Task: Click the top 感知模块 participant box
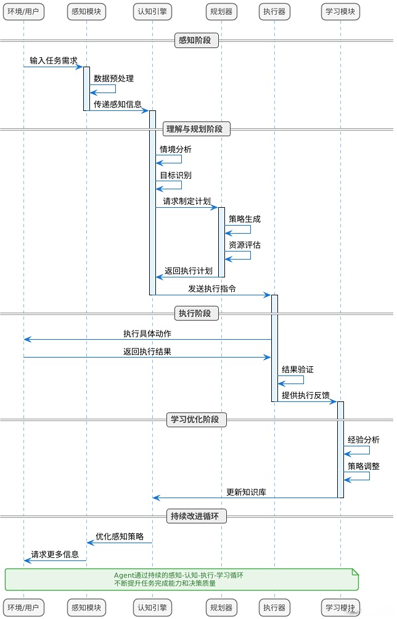coord(86,12)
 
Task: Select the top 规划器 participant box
coord(221,12)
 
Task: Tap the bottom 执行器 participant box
coord(274,607)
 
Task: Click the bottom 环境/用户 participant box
coord(23,607)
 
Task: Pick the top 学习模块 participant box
coord(340,12)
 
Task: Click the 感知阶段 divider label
coord(197,41)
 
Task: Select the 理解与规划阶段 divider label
coord(197,129)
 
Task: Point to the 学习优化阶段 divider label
coord(197,420)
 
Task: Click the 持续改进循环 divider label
coord(197,517)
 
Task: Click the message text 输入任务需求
coord(54,60)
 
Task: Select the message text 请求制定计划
coord(187,201)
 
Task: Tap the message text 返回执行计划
coord(189,271)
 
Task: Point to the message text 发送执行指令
coord(212,289)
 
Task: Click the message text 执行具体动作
coord(147,334)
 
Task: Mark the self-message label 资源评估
coord(245,245)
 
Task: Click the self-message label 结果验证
coord(298,369)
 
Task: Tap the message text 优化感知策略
coord(120,536)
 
